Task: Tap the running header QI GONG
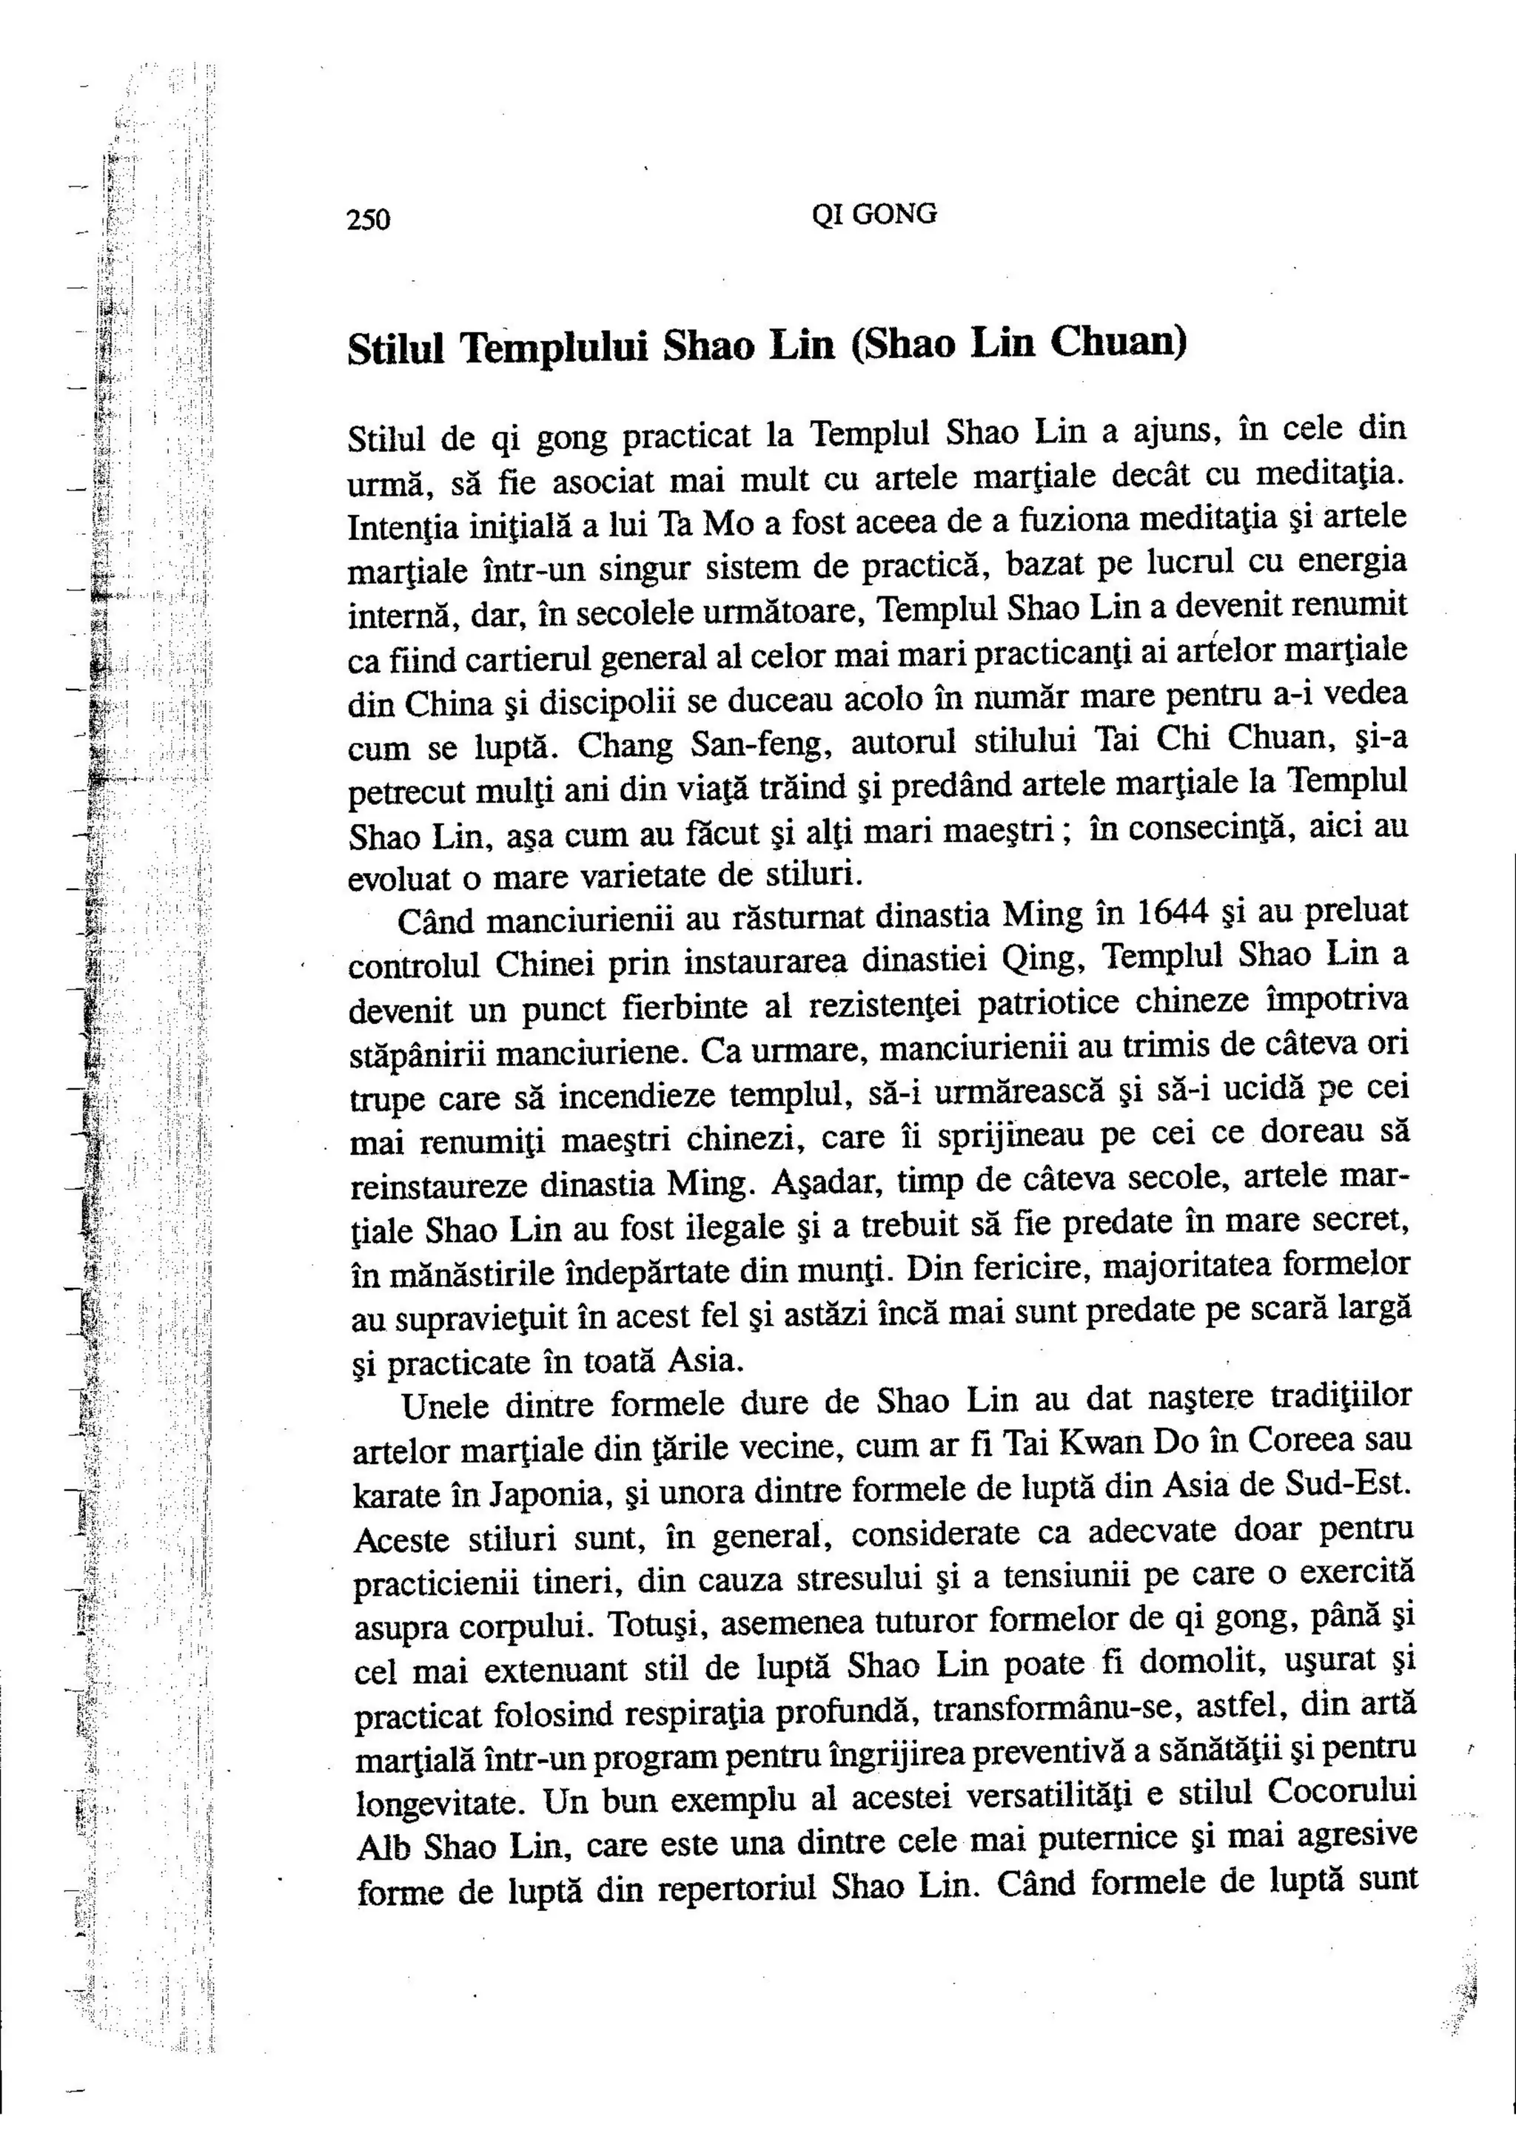pyautogui.click(x=874, y=215)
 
